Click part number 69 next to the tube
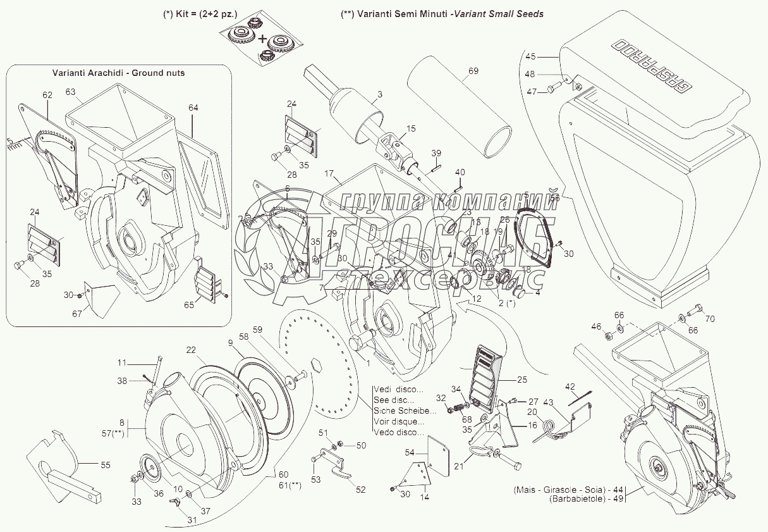click(473, 71)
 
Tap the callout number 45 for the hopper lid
click(530, 56)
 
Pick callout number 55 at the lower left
click(105, 465)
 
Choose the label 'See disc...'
click(394, 400)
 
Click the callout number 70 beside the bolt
click(709, 319)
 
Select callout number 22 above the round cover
click(191, 350)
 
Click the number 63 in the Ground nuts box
click(71, 92)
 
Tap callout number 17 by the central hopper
click(329, 172)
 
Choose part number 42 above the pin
click(570, 386)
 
